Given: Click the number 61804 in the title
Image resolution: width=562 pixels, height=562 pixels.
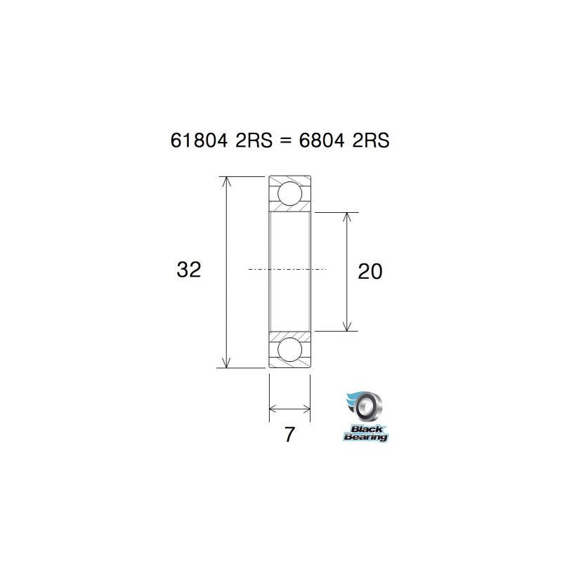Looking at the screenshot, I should point(199,140).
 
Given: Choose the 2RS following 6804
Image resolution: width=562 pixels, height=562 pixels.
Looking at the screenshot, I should point(371,140).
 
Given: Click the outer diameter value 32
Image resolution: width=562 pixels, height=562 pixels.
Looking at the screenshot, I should point(190,270).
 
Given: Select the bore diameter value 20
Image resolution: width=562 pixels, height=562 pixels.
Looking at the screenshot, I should point(370,272).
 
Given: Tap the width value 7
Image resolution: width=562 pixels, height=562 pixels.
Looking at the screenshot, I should point(289,435).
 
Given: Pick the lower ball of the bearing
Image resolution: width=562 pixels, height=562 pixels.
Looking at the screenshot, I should point(289,348).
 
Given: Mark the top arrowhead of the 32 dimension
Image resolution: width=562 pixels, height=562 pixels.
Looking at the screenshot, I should point(226,181).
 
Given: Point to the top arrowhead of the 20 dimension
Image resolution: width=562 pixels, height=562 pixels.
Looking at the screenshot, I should point(346,217).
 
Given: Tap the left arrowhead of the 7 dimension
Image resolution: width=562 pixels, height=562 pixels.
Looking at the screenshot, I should point(274,408).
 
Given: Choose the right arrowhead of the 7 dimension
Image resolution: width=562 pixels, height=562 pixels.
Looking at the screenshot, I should point(306,408).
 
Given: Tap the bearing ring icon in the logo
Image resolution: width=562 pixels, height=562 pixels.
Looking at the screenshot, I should point(367,407).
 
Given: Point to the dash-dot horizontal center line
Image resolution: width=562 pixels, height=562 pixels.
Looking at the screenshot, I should point(287,269).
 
